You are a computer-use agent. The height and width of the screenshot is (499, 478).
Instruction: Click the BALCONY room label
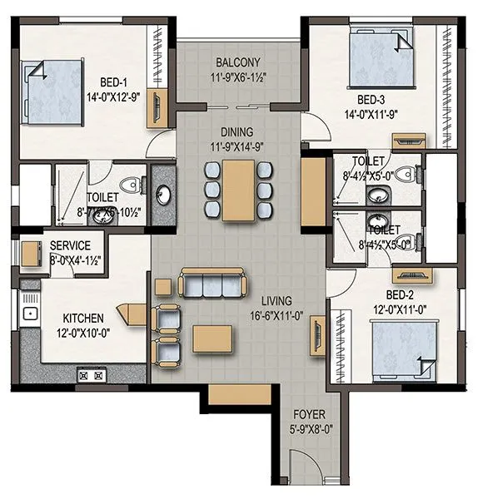pyautogui.click(x=238, y=62)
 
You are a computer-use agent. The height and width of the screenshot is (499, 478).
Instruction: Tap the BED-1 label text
pyautogui.click(x=114, y=82)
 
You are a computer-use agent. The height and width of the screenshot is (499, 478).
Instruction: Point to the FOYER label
pyautogui.click(x=308, y=414)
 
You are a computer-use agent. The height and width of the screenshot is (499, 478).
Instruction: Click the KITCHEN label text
pyautogui.click(x=83, y=318)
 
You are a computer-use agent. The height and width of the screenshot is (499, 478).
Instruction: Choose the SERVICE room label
pyautogui.click(x=71, y=246)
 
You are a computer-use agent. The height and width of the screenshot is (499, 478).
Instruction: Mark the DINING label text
pyautogui.click(x=237, y=132)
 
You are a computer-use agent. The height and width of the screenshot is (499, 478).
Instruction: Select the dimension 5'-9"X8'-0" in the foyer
pyautogui.click(x=308, y=429)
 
